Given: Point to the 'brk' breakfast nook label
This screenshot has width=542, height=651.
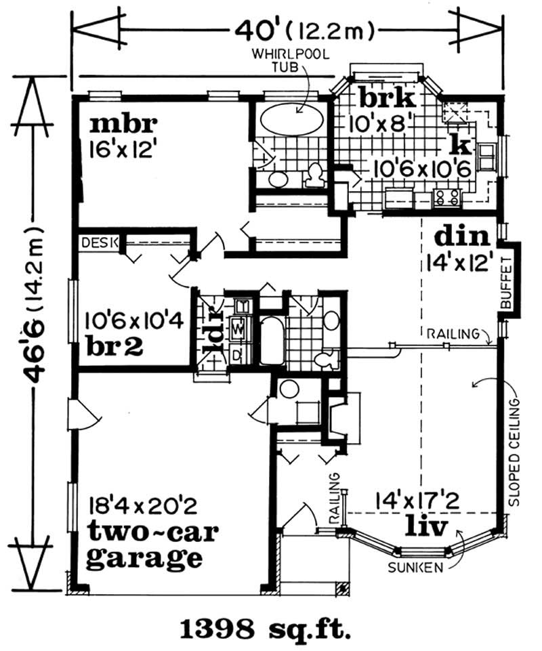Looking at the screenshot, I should pos(386,99).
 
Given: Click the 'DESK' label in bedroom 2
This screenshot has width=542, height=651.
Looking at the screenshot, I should pos(100,243).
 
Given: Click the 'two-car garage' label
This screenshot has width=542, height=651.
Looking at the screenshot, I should pos(152,546).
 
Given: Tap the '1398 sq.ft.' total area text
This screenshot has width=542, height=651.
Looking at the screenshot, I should pos(266,629).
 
